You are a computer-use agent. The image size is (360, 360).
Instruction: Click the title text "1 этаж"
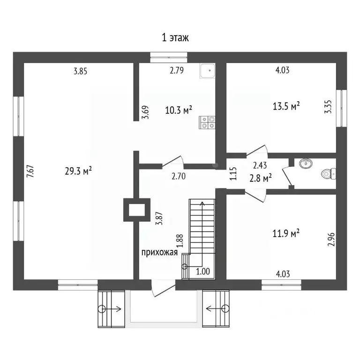tap(175, 37)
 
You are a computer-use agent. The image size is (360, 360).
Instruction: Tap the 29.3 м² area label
tap(78, 171)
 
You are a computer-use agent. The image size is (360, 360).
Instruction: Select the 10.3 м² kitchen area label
tap(179, 110)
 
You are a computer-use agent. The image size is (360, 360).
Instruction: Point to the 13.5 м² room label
tap(286, 106)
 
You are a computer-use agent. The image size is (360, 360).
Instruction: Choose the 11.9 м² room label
tap(286, 233)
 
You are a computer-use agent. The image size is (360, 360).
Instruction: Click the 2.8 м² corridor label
tap(261, 178)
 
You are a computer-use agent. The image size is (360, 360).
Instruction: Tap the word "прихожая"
tap(159, 253)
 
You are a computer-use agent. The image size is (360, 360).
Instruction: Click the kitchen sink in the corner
tap(208, 71)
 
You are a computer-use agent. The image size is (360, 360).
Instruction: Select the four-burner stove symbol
tap(207, 122)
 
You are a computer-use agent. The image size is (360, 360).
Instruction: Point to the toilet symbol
tap(329, 174)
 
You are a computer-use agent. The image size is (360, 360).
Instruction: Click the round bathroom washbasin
tap(306, 163)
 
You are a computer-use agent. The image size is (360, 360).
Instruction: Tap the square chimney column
tap(137, 210)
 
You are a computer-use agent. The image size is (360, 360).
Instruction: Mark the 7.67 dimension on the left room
tap(30, 171)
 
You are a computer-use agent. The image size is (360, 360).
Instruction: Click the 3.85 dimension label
tap(80, 71)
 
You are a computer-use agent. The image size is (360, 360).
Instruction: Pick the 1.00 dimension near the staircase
tap(203, 271)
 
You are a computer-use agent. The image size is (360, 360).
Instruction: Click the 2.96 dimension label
tap(331, 240)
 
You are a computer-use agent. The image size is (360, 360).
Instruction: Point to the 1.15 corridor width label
tap(233, 173)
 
